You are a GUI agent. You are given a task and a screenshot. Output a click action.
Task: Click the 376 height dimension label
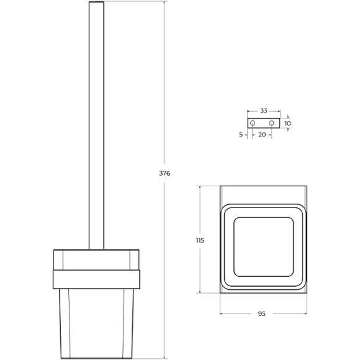[x=164, y=173]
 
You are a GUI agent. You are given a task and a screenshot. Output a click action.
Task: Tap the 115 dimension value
[x=200, y=240]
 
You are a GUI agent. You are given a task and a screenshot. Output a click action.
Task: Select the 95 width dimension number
[x=261, y=313]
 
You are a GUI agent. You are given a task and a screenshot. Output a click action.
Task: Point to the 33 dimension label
[x=264, y=111]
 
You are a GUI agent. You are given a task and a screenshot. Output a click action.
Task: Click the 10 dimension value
[x=287, y=124]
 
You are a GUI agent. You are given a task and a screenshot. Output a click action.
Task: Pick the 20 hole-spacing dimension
[x=262, y=135]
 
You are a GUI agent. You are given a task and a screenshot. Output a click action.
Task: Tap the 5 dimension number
[x=241, y=135]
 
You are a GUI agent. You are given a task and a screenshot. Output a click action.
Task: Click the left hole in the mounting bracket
[x=253, y=123]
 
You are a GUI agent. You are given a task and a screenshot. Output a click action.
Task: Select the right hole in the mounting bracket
[x=271, y=123]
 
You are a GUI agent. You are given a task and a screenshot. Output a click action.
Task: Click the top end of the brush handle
[x=96, y=2]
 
